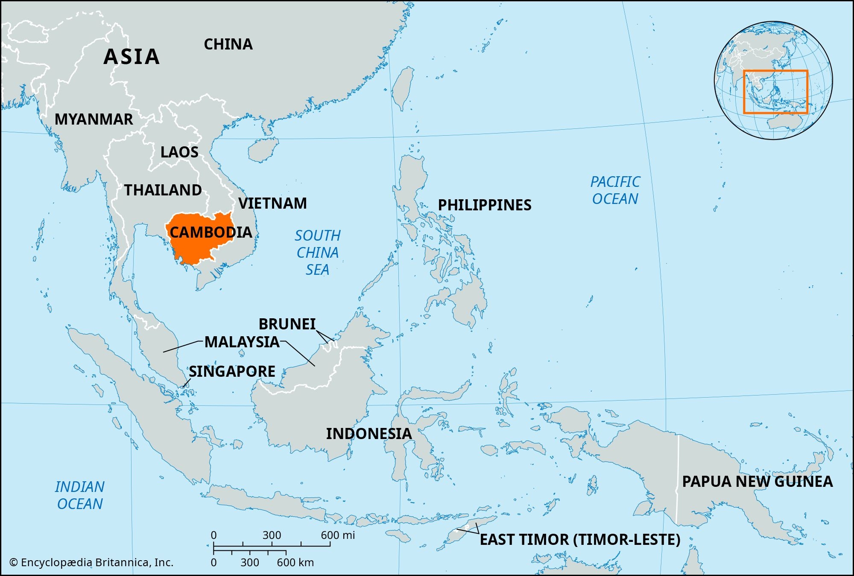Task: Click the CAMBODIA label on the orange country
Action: (x=211, y=233)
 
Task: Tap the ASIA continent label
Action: (x=132, y=57)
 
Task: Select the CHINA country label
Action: (x=228, y=44)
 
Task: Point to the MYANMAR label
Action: (x=94, y=119)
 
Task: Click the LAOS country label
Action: (x=179, y=152)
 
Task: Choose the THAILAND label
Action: (x=163, y=190)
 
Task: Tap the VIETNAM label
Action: (x=272, y=204)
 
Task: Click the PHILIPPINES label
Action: (x=485, y=205)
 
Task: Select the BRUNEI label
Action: (x=287, y=324)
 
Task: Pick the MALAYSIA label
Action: (x=242, y=342)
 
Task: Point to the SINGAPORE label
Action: (x=232, y=372)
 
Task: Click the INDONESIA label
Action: (x=369, y=434)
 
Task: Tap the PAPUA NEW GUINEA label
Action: (x=757, y=482)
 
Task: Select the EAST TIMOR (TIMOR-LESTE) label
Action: (x=580, y=540)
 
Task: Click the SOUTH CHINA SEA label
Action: (x=318, y=253)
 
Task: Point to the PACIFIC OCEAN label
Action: (x=615, y=190)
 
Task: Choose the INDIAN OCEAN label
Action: (x=80, y=495)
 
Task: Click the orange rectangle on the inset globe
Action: (x=775, y=71)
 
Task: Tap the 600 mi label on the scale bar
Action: (x=338, y=535)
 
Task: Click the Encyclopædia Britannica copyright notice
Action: (x=91, y=563)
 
